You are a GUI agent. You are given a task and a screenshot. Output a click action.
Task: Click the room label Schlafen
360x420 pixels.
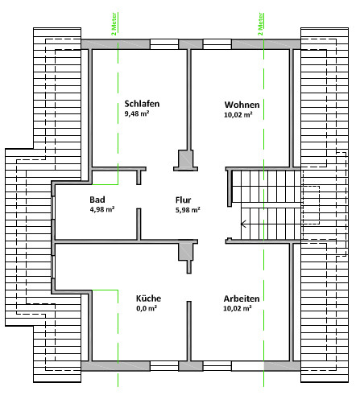142,104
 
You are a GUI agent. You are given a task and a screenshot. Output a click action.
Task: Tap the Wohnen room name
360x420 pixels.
242,105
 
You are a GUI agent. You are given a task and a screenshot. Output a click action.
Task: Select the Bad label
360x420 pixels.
97,200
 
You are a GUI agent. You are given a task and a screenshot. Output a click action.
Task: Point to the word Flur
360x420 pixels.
183,200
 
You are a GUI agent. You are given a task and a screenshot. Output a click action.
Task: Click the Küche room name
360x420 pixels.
148,299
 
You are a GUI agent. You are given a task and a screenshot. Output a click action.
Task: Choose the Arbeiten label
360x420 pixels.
242,299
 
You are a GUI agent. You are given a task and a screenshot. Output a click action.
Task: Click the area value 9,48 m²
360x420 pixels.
137,113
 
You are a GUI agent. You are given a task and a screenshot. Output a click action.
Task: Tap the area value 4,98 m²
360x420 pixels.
102,209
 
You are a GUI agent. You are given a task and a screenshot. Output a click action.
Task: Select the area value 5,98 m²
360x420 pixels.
188,210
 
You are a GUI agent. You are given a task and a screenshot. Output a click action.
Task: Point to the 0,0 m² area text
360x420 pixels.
147,308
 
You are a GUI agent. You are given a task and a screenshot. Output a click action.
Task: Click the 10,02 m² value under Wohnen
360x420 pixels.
238,114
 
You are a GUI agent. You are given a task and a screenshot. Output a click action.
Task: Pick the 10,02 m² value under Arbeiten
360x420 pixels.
238,308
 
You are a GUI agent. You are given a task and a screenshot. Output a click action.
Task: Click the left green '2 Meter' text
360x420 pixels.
114,24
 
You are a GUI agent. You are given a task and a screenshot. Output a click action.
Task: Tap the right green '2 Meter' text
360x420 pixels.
260,24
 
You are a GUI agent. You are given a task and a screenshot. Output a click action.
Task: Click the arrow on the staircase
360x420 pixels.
243,224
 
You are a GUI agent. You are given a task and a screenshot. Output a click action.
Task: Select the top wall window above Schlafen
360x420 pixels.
164,44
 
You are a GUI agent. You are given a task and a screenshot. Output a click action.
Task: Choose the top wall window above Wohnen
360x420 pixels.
217,44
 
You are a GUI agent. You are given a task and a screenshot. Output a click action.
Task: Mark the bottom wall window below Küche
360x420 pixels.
164,366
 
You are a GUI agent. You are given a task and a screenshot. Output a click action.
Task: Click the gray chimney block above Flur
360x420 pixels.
185,160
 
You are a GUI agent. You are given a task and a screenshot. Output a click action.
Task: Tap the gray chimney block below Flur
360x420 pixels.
186,252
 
